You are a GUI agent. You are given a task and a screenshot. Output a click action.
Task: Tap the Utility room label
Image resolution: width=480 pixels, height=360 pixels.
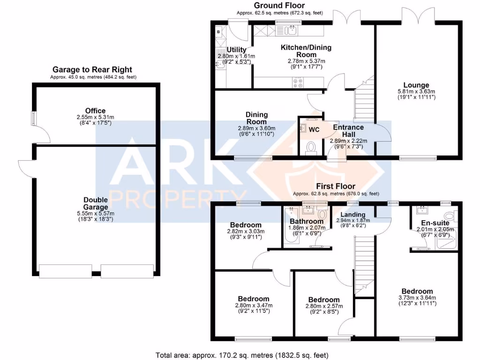(236, 50)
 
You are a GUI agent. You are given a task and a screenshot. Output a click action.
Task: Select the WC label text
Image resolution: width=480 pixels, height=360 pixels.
(314, 130)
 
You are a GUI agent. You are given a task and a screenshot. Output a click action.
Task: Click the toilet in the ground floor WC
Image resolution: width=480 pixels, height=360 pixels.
(310, 148)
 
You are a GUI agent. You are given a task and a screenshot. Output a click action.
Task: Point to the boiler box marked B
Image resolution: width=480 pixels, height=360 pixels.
(218, 32)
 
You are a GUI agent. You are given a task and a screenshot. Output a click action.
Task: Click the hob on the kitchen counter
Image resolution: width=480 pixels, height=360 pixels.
(298, 83)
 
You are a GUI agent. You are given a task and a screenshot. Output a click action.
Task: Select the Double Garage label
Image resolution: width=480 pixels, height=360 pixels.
(96, 203)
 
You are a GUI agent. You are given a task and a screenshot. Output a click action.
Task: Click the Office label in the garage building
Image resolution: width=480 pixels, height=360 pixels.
(95, 111)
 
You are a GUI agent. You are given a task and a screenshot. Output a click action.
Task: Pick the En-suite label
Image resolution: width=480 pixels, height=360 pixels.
(435, 223)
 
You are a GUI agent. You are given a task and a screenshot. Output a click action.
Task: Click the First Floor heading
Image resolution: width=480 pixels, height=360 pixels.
(336, 186)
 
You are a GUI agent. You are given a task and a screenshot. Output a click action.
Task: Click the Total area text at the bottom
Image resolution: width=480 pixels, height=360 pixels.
(241, 355)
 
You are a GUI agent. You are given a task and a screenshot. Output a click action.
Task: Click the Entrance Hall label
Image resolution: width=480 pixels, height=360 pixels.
(348, 130)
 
